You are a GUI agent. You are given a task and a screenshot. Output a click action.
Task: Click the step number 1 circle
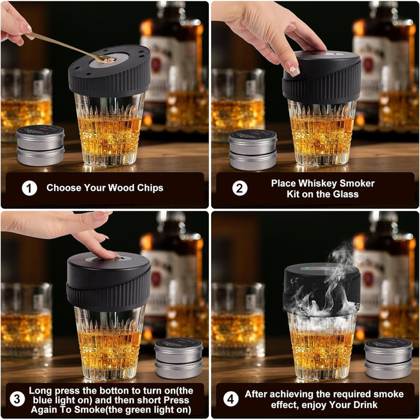(29, 188)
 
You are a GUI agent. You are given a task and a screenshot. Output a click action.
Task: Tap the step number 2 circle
(240, 188)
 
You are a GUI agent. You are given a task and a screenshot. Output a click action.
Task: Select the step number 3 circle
(17, 399)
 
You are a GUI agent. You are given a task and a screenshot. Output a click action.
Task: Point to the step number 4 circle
(230, 399)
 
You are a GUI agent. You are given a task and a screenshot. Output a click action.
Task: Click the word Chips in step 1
(150, 188)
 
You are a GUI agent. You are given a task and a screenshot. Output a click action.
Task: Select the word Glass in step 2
(345, 194)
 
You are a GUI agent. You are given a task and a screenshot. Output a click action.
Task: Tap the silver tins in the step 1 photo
(40, 145)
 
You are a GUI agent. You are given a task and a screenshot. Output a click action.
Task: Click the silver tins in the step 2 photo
(253, 150)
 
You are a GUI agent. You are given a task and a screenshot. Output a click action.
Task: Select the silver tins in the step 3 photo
(179, 358)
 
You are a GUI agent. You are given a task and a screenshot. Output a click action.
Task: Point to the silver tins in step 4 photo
(388, 358)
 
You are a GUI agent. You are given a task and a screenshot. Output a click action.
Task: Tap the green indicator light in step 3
(91, 259)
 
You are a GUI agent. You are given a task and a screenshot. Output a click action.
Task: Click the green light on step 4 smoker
(307, 268)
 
